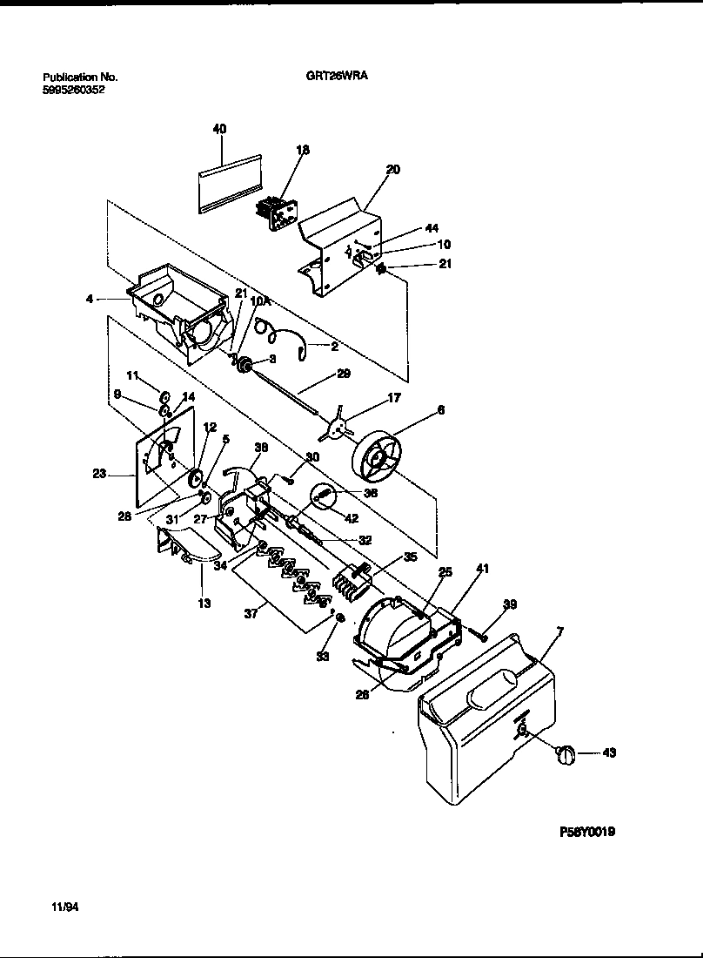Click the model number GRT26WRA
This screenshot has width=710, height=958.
click(x=337, y=76)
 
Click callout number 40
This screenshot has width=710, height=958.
click(x=219, y=129)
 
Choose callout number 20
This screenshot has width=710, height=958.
click(x=392, y=170)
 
